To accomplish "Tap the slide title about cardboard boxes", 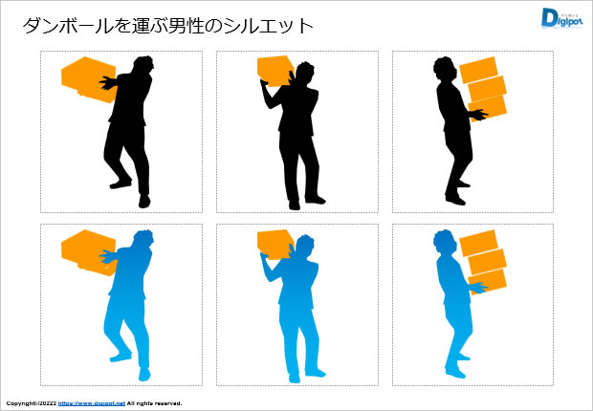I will point(167,26).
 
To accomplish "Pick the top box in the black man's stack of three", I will point(480,70).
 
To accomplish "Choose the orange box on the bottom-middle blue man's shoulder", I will point(275,244).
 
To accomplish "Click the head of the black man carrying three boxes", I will point(445,69).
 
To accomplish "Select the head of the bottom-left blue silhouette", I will point(143,242).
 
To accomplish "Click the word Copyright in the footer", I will point(21,403).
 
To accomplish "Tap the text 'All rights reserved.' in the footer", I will point(154,403).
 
